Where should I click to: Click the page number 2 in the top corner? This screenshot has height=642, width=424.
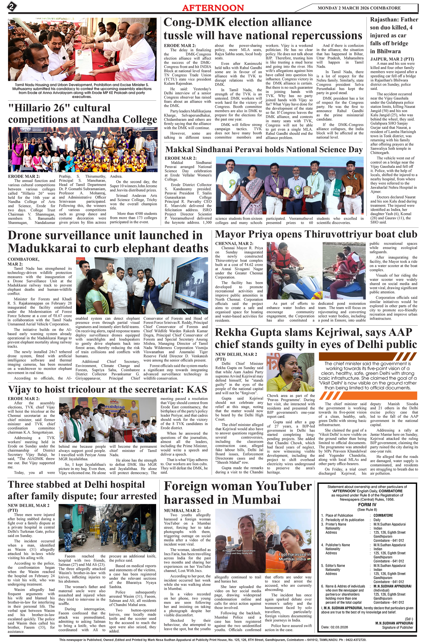12,7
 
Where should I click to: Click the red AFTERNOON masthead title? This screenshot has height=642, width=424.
213,8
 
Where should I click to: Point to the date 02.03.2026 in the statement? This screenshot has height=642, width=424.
339,627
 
